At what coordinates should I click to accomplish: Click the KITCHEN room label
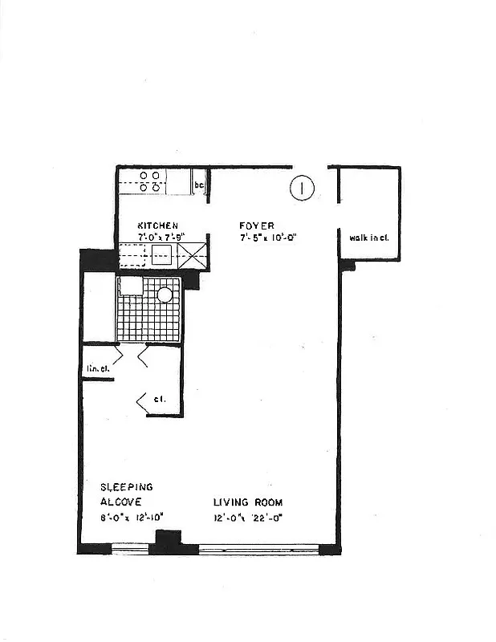point(157,226)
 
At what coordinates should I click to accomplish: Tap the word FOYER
point(257,226)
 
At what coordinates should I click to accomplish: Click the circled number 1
point(301,189)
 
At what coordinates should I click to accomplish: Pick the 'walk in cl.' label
point(368,238)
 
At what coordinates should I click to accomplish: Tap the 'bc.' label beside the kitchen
point(200,186)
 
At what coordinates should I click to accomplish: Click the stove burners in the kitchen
point(149,181)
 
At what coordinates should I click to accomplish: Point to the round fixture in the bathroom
point(165,295)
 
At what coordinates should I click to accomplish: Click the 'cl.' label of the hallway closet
point(161,399)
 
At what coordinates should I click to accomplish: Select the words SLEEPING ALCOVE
point(127,494)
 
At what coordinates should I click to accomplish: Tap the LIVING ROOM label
point(248,502)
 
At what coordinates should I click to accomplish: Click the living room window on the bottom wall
point(258,550)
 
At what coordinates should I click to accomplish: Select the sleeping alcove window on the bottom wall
point(130,550)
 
